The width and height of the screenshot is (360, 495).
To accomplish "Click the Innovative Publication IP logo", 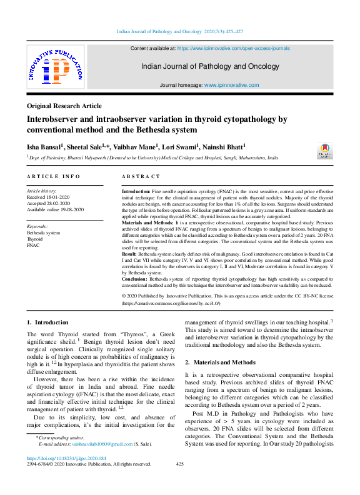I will click(x=54, y=70).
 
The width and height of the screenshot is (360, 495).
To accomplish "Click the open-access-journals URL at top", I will click(x=234, y=47).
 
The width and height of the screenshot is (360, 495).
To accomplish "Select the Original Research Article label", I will click(x=64, y=106).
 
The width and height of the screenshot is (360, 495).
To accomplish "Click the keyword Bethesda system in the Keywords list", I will click(x=43, y=232).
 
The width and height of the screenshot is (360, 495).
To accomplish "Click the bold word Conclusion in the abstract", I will click(x=134, y=278).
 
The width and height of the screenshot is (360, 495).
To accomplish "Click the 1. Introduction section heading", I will click(x=47, y=322).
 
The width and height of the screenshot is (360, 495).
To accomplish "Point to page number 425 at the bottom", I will click(x=180, y=464).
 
